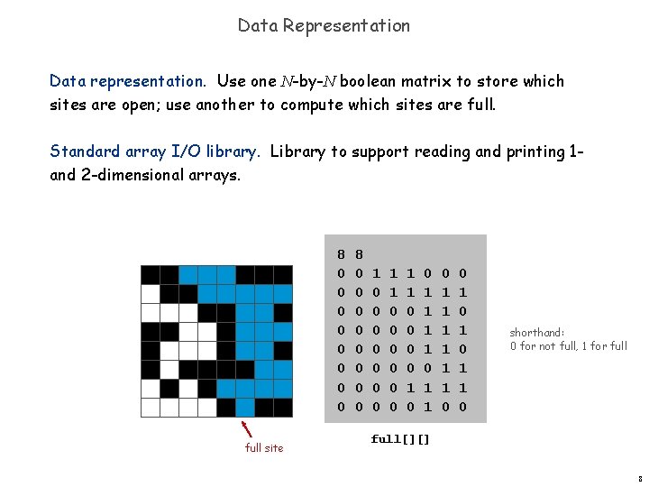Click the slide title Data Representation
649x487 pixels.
click(x=324, y=25)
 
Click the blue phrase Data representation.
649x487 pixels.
click(x=127, y=81)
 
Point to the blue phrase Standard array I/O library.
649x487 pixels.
click(x=154, y=152)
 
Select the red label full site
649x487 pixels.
click(x=263, y=447)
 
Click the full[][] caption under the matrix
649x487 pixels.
click(x=400, y=439)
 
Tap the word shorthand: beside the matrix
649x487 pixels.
click(x=535, y=332)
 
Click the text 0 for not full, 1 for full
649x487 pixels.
click(x=568, y=345)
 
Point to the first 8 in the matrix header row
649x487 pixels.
click(x=342, y=254)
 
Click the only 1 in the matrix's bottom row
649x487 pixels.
click(x=427, y=407)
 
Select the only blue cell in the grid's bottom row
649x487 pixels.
click(x=245, y=408)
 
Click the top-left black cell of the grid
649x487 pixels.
click(x=150, y=274)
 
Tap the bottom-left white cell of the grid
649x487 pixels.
click(x=150, y=408)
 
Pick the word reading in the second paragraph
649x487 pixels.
click(x=443, y=152)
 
